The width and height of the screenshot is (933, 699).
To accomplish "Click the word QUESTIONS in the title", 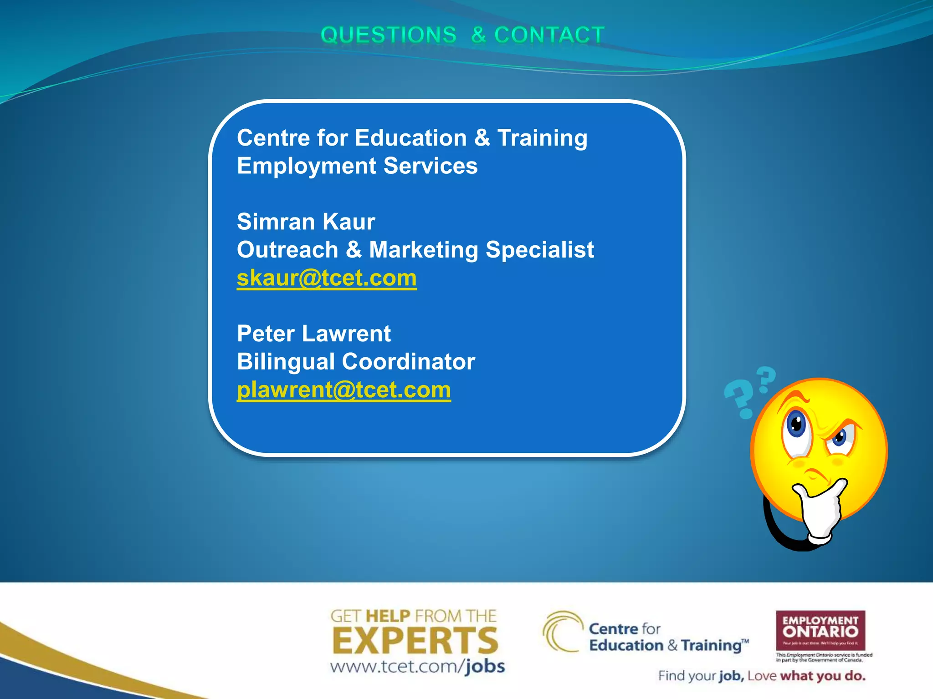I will coord(388,35).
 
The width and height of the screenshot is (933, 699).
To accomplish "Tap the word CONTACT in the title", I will coord(549,35).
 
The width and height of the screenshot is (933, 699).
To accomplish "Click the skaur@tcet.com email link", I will coord(327,278).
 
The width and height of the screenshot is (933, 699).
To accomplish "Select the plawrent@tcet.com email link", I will coord(344,390).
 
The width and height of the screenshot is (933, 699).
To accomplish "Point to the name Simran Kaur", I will coord(306,222).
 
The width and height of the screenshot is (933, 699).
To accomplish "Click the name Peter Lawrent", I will coord(313,334).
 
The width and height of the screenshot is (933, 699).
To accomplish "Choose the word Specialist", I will coord(540,250).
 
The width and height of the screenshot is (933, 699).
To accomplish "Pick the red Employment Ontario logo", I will coord(820,630).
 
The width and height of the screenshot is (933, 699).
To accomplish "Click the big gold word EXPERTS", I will coord(415,640).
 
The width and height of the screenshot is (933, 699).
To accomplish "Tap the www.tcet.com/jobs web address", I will coord(417,667).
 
